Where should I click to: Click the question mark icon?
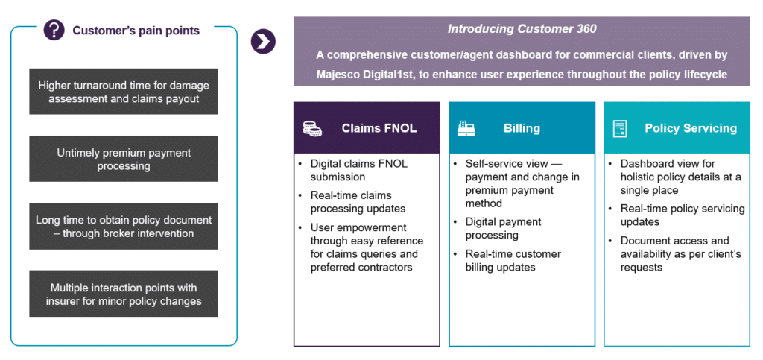(54, 30)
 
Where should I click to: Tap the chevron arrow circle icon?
(263, 41)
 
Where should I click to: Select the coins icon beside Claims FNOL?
(312, 128)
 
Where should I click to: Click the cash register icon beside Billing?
(466, 128)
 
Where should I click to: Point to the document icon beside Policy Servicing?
(620, 128)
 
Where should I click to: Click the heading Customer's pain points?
(136, 31)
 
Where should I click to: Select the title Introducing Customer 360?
(522, 29)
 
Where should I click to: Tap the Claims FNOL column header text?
(379, 128)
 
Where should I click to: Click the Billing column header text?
(522, 128)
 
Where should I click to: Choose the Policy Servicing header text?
(691, 128)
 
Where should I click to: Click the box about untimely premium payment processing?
(124, 159)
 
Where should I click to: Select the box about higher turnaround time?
(124, 92)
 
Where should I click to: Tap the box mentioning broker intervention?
(124, 227)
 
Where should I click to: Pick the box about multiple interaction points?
(124, 294)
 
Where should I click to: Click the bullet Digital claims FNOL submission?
(359, 170)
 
